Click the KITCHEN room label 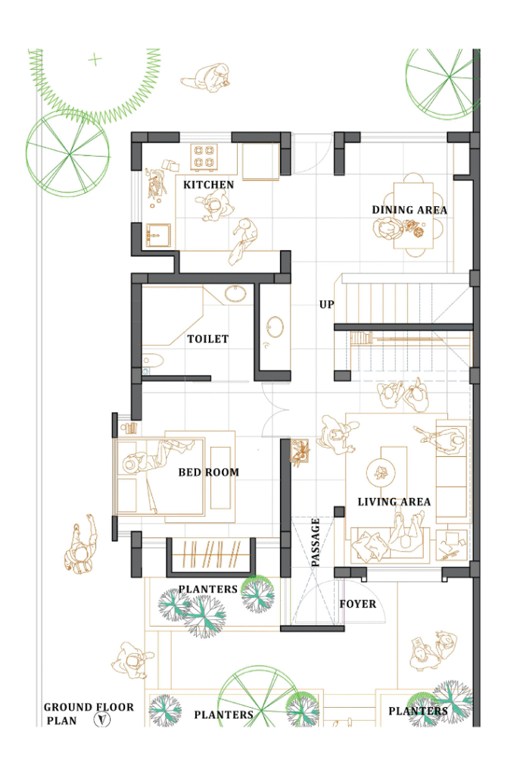208,185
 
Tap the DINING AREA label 410,210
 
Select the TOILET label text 207,339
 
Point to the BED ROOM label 209,473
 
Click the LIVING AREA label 394,502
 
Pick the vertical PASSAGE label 316,542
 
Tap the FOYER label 358,604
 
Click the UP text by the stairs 326,305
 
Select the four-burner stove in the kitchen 204,156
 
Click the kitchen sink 158,236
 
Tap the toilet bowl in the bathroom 152,360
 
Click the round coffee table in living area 381,472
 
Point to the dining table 413,215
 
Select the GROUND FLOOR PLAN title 89,714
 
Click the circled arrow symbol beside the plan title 102,720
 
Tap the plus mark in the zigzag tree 95,60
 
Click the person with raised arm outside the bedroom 80,545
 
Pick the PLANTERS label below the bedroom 207,589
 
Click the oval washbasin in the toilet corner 235,293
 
